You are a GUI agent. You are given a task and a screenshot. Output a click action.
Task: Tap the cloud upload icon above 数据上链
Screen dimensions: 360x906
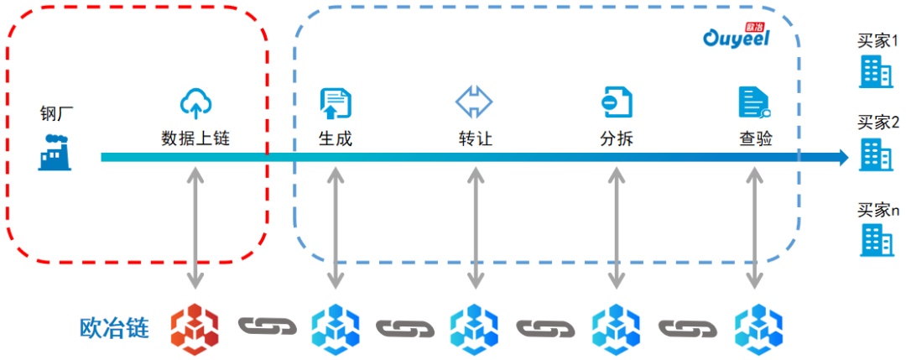[x=195, y=102]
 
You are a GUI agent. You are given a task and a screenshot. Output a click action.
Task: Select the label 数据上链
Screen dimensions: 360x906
[x=195, y=138]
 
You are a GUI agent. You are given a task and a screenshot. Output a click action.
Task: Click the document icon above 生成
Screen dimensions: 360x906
[x=336, y=102]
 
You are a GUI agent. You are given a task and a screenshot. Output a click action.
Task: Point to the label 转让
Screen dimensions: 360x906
[x=475, y=138]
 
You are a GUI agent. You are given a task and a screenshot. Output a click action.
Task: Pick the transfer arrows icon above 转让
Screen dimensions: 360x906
[x=475, y=102]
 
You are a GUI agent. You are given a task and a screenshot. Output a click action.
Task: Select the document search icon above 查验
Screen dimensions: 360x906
[x=754, y=102]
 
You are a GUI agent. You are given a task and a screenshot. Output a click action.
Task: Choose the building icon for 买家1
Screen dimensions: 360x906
[x=876, y=73]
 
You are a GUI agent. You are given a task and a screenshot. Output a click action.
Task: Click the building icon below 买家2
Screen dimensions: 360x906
[x=876, y=154]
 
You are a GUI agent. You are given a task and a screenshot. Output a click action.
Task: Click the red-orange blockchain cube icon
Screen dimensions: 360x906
[x=195, y=326]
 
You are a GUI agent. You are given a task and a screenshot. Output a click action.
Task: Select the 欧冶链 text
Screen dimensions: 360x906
[x=114, y=326]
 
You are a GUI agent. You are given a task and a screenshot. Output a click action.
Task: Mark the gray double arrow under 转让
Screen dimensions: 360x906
[x=476, y=226]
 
